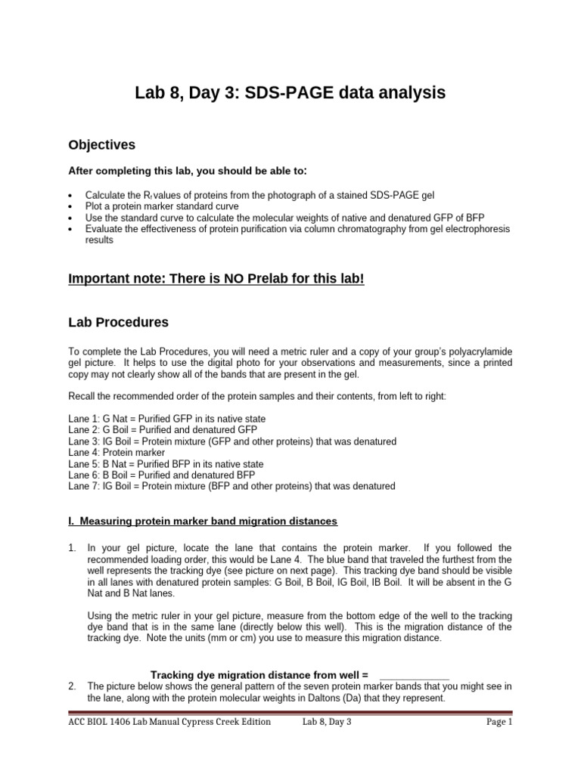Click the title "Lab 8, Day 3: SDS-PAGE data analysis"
290,93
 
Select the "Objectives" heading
102,144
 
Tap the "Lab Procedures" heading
118,322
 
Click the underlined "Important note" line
216,279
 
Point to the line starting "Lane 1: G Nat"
166,418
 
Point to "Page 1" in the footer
499,722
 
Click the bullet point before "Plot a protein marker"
70,206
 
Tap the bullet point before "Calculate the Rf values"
70,195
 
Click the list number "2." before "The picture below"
72,686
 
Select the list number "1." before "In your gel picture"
72,547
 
